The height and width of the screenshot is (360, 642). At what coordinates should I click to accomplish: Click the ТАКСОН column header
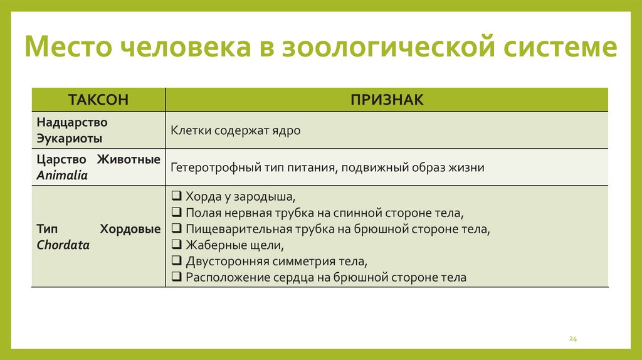coord(98,100)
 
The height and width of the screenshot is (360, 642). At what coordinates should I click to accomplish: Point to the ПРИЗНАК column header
coord(387,100)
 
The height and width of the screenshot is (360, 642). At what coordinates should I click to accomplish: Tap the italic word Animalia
coord(62,176)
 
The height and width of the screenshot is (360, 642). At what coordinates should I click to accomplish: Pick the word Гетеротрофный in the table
coord(209,168)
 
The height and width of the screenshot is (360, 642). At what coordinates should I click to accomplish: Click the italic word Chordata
coord(63,245)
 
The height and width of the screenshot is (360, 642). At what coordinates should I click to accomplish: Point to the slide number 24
coord(572,339)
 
